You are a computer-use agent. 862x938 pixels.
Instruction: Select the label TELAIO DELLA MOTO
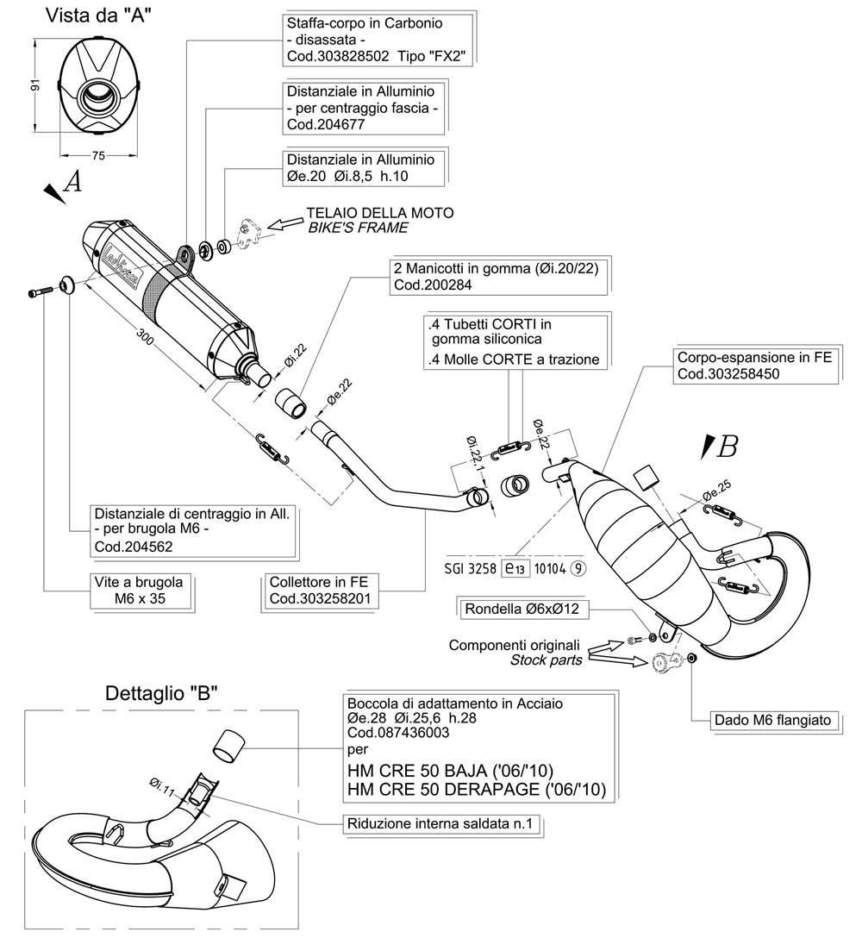tap(380, 213)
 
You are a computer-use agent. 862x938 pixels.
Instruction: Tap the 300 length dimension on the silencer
tap(146, 337)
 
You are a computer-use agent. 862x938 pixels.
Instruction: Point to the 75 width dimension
tap(98, 155)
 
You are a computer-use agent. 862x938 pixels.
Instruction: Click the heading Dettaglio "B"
tap(161, 693)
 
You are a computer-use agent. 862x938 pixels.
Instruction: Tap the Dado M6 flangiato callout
tap(773, 720)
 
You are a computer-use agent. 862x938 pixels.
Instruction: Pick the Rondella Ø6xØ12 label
tap(522, 609)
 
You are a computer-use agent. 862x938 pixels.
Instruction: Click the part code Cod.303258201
tap(320, 599)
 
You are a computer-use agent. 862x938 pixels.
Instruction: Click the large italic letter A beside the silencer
tap(72, 181)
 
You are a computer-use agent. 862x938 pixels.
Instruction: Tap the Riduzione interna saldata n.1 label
tap(440, 823)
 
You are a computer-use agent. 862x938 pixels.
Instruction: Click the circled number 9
tap(578, 568)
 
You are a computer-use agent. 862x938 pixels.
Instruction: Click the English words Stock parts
tap(547, 660)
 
